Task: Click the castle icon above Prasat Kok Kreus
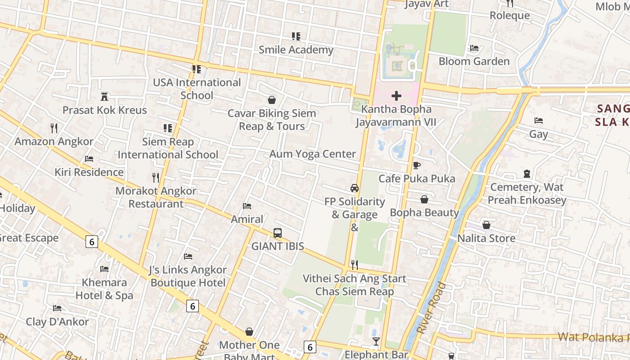coord(104,96)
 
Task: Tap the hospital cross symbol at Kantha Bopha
coord(396,96)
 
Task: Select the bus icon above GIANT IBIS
coord(278,233)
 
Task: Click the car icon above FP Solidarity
coord(355,188)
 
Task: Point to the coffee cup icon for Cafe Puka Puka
coord(417,165)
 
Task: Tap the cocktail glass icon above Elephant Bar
coord(376,342)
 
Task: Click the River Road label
coord(431,308)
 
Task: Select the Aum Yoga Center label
coord(313,154)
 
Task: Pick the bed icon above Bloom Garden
coord(474,48)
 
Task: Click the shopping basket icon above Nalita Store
coord(486,225)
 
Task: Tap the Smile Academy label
coord(296,50)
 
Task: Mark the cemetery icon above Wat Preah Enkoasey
coord(527,173)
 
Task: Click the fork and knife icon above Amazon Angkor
coord(54,128)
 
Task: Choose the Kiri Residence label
coord(89,172)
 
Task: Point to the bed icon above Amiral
coord(247,206)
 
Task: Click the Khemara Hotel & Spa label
coord(104,289)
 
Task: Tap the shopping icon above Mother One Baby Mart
coord(249,332)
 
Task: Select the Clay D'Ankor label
coord(57,322)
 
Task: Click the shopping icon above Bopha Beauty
coord(424,199)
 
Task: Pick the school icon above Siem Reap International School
coord(168,128)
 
